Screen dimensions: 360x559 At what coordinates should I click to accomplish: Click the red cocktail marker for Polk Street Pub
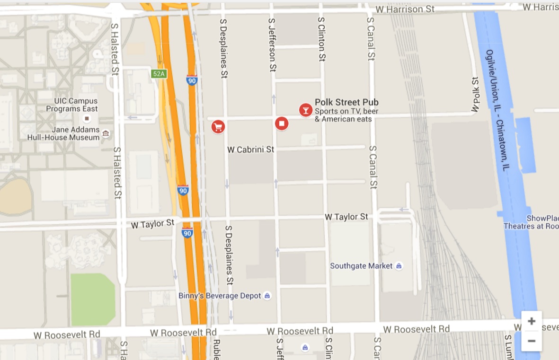click(x=306, y=110)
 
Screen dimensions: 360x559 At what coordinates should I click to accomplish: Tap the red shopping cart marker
click(x=218, y=127)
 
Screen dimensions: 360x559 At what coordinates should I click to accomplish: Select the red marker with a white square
click(x=282, y=124)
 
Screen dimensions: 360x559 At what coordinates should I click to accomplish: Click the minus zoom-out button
click(x=531, y=341)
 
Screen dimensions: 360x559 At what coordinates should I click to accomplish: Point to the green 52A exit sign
click(x=159, y=74)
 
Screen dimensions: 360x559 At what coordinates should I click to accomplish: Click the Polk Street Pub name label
click(x=346, y=102)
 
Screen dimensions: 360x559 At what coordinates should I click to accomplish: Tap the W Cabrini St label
click(x=250, y=149)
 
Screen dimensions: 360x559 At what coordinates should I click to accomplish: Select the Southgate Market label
click(x=361, y=266)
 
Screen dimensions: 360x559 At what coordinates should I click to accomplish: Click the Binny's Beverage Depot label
click(x=220, y=296)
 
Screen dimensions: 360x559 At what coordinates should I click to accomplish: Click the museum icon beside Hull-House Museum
click(x=106, y=133)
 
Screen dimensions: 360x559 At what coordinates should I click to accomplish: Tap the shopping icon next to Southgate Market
click(x=399, y=266)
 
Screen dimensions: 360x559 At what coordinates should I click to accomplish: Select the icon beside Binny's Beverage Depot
click(x=267, y=296)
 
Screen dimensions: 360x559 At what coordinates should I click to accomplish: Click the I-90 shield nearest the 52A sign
click(x=192, y=79)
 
